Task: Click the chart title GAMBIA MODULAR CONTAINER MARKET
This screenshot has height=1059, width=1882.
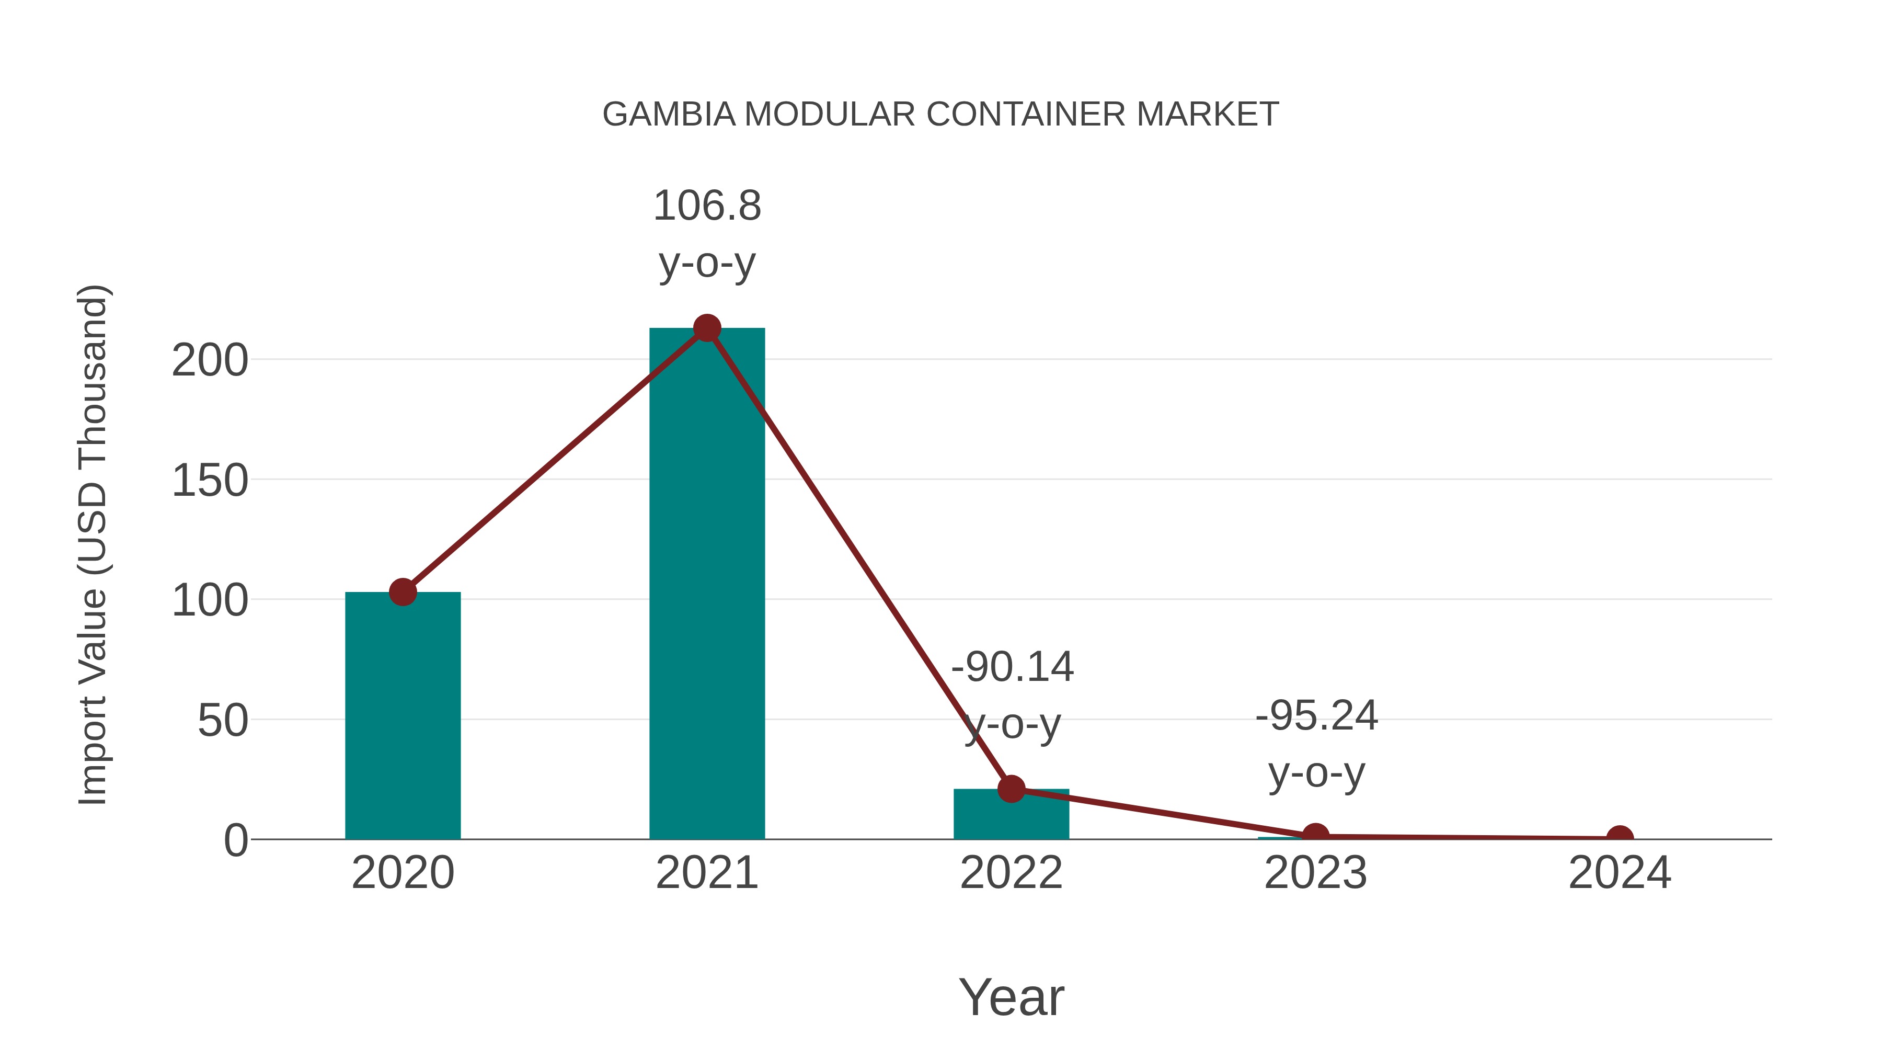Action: point(940,115)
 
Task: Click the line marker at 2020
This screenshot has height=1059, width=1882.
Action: point(403,592)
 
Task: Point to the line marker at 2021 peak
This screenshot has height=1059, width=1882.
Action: point(706,329)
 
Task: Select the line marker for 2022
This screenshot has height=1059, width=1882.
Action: point(1011,789)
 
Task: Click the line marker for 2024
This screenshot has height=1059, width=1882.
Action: point(1620,838)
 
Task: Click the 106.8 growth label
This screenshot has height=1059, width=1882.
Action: point(706,206)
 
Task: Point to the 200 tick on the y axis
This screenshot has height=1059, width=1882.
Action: point(210,360)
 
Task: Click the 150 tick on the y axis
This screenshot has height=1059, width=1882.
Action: point(210,481)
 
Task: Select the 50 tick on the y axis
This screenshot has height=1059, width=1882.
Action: point(222,721)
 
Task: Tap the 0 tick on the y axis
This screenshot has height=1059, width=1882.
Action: point(236,840)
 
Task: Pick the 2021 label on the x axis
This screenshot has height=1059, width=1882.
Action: point(706,873)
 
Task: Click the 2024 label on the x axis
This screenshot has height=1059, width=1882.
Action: point(1620,873)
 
